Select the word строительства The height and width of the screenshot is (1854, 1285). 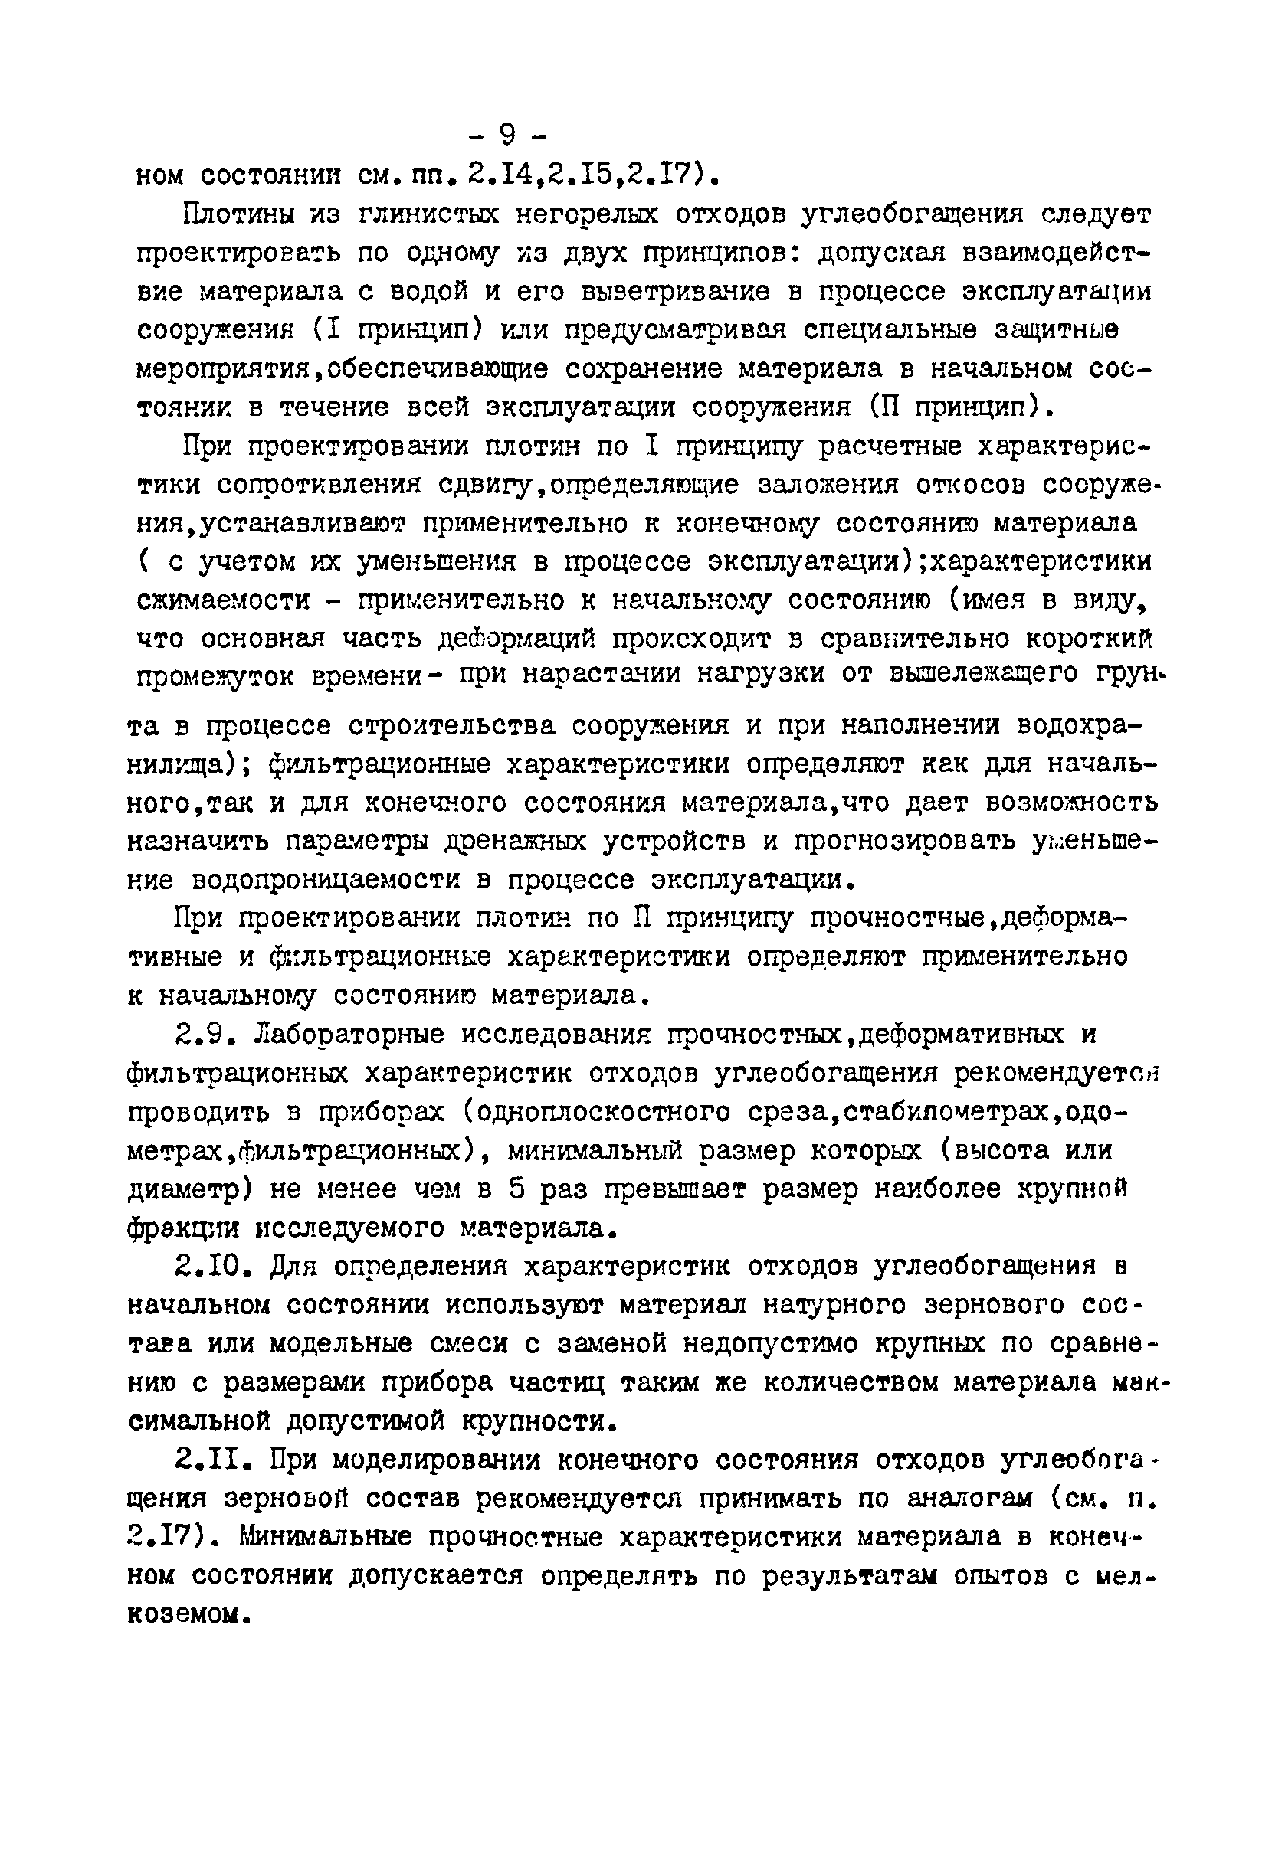[451, 726]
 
